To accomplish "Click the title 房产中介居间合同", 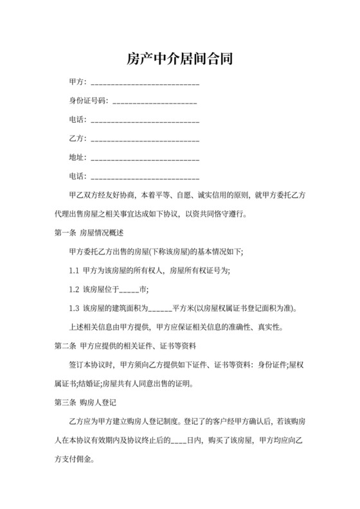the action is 179,60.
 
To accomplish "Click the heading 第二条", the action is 66,346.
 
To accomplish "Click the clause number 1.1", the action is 74,270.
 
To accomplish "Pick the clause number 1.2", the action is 74,289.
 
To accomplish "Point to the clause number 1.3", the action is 74,308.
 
